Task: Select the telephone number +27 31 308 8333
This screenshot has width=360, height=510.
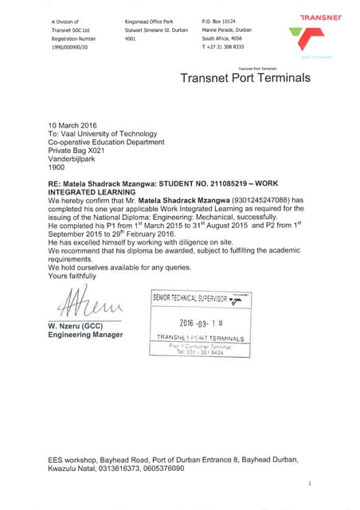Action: (x=225, y=46)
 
